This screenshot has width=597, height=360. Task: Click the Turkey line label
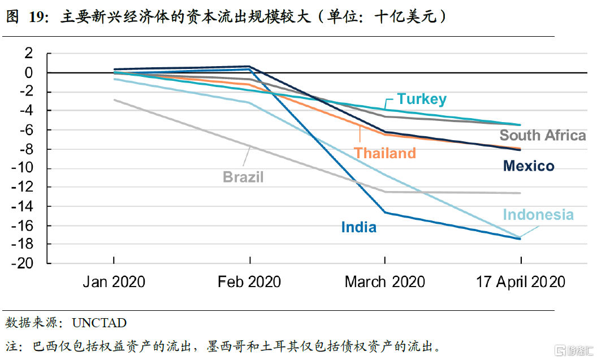tap(421, 99)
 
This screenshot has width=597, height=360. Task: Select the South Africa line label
tap(542, 136)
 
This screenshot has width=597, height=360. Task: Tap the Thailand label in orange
tap(384, 153)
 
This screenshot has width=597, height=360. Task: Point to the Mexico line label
tap(529, 166)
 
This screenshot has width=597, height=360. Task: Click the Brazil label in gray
tap(243, 177)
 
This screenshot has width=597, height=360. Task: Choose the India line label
tap(358, 227)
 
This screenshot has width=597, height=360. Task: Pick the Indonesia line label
tap(538, 215)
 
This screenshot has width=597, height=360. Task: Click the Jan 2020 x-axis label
tap(114, 281)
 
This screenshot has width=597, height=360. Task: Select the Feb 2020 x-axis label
tap(249, 281)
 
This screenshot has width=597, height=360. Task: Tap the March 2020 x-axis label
tap(384, 281)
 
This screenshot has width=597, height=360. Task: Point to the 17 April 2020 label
tap(520, 281)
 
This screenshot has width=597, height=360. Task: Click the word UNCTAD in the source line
tap(99, 323)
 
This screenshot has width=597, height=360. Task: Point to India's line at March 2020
tap(385, 212)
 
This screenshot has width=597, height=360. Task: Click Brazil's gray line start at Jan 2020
tap(114, 100)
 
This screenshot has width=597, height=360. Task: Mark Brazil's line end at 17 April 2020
tap(520, 193)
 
